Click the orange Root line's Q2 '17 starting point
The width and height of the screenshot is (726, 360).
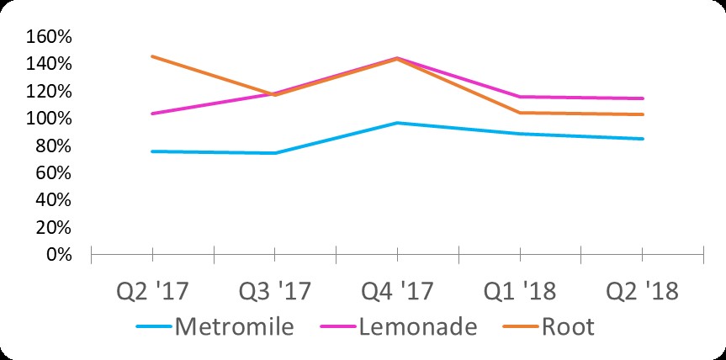(x=152, y=56)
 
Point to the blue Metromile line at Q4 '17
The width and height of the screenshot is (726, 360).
(x=397, y=123)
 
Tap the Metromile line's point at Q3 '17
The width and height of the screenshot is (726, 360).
(x=275, y=153)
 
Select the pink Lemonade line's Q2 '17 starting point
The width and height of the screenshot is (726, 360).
(x=152, y=114)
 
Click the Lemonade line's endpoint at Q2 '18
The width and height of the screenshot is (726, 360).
(x=643, y=98)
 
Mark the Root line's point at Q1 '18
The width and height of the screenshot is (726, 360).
(x=520, y=113)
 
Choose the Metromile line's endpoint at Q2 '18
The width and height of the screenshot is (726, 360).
(x=643, y=139)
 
